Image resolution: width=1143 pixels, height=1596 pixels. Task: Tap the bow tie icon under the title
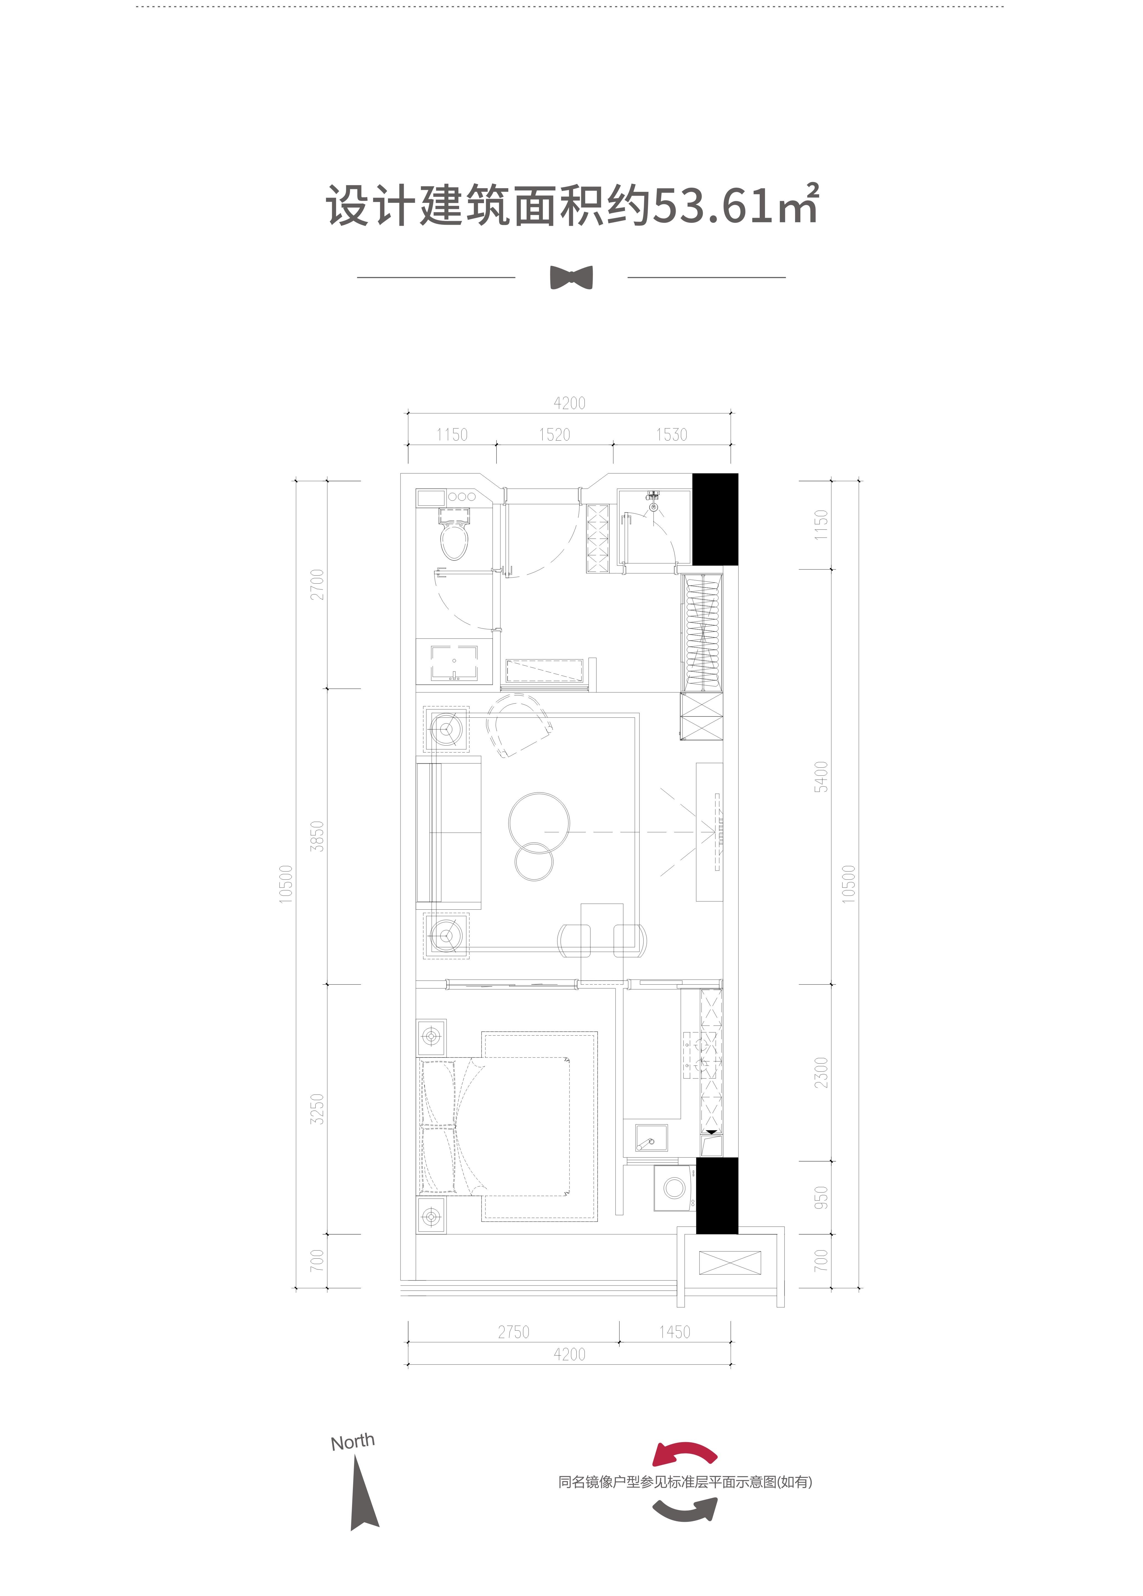coord(571,277)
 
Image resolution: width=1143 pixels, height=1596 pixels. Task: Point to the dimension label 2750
coord(514,1332)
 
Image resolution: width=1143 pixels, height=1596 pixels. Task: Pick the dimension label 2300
coord(821,1072)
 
